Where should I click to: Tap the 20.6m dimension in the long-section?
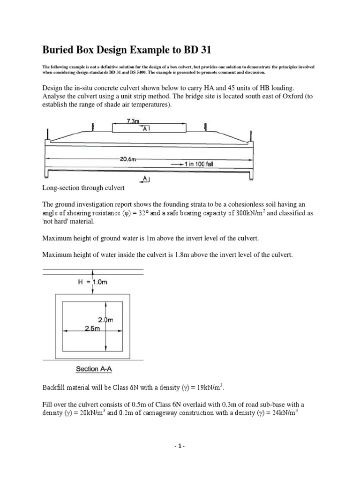[x=128, y=159]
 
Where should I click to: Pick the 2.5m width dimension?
[x=93, y=329]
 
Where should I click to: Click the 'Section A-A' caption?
[x=94, y=369]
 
